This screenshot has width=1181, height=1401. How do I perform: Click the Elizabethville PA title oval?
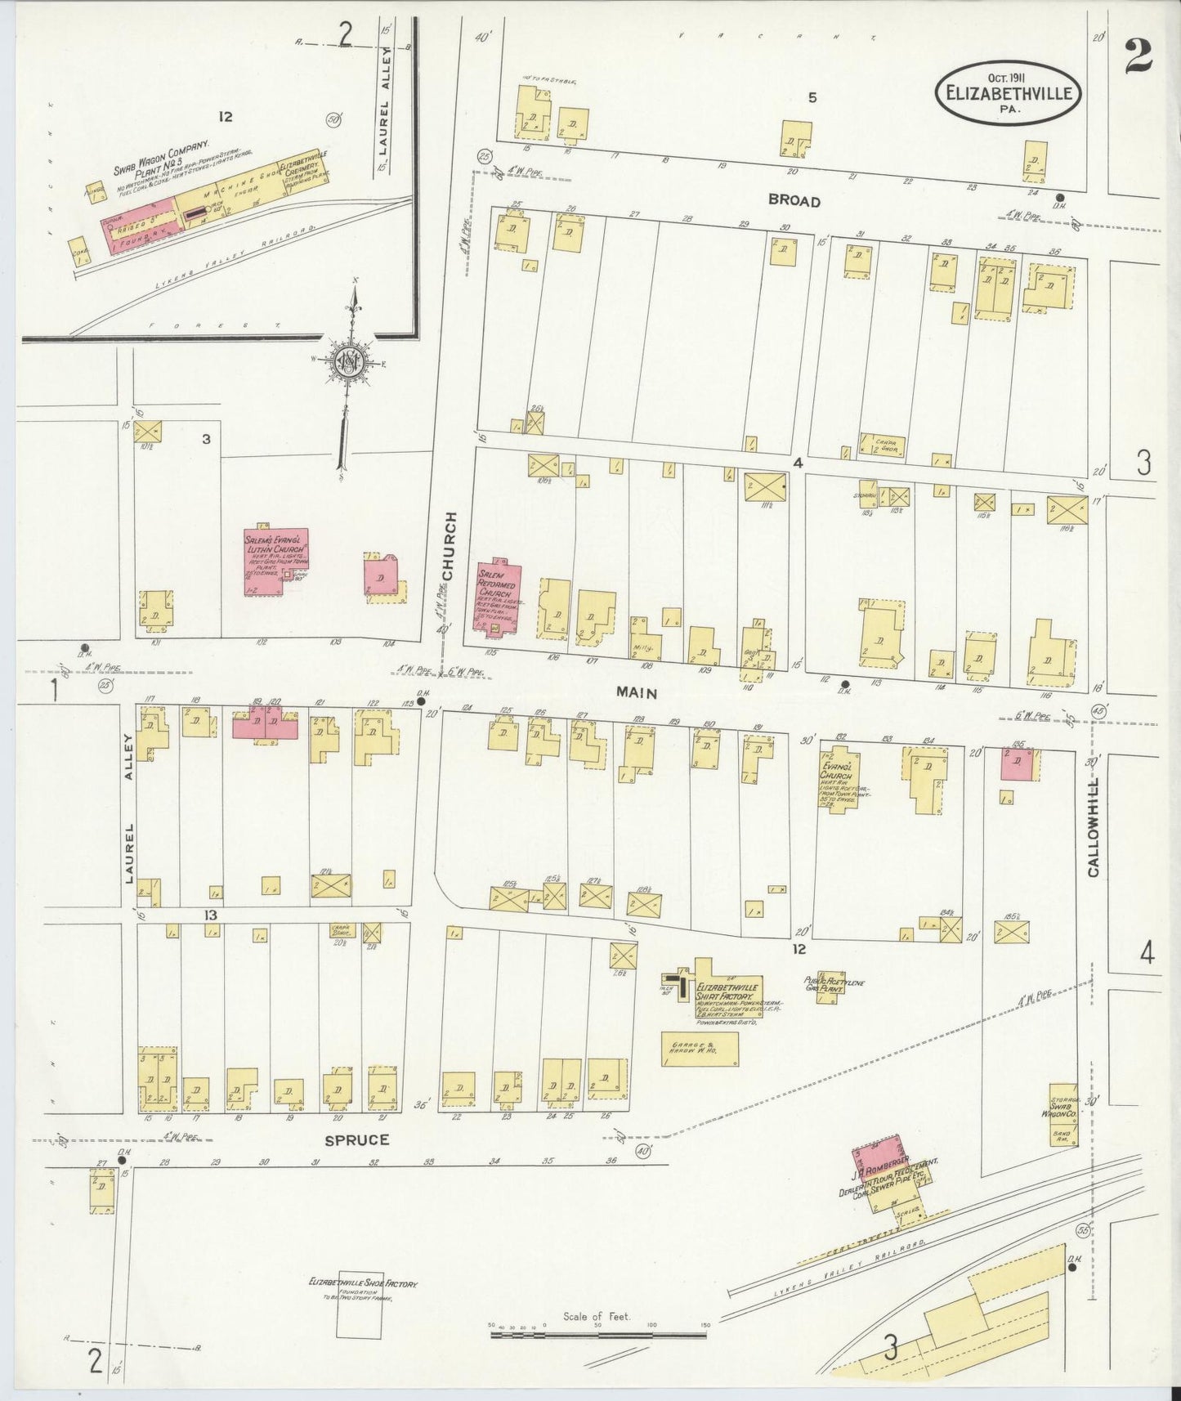pyautogui.click(x=1008, y=93)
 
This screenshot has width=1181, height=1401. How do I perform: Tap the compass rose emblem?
pyautogui.click(x=351, y=361)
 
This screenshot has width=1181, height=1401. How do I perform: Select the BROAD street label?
pyautogui.click(x=793, y=201)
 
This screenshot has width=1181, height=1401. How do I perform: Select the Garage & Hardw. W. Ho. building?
pyautogui.click(x=700, y=1049)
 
